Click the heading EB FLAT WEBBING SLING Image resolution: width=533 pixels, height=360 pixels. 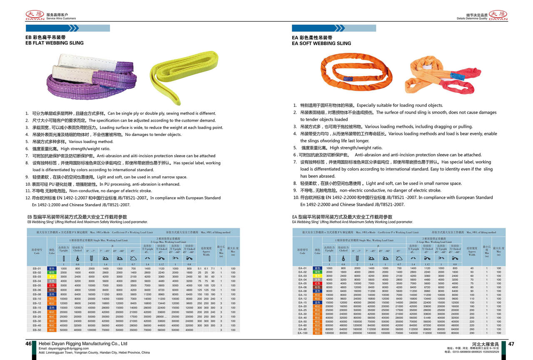[x=55, y=43]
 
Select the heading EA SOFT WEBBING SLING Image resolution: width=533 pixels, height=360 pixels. [x=321, y=43]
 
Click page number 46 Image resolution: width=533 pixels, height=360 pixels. [x=29, y=344]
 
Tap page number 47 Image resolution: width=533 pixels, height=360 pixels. [x=512, y=344]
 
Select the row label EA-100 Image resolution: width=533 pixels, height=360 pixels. [x=303, y=333]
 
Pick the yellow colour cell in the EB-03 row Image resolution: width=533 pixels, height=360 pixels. [x=52, y=277]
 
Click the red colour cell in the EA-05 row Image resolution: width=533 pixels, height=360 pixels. [x=317, y=283]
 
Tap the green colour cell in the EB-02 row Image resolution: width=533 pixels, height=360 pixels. [x=52, y=272]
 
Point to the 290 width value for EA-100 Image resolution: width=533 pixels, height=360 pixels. [x=472, y=333]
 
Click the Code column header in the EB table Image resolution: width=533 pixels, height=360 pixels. [x=37, y=252]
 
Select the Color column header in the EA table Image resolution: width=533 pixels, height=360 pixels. [x=317, y=252]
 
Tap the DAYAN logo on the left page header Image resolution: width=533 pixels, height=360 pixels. [x=35, y=15]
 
